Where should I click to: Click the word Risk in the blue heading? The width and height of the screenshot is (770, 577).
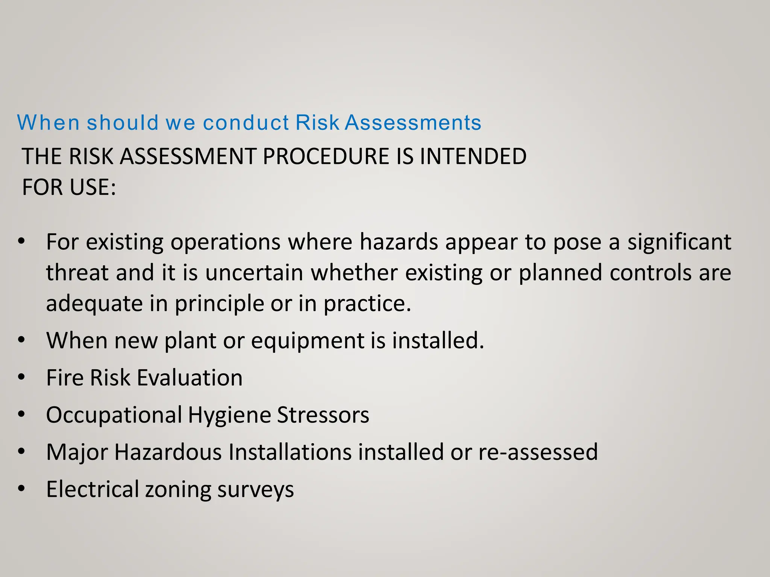point(318,122)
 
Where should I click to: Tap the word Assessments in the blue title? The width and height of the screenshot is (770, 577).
point(413,122)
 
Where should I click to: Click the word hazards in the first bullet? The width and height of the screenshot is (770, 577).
point(399,242)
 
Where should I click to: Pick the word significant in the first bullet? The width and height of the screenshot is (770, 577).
point(679,242)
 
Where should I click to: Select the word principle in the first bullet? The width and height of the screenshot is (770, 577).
point(219,304)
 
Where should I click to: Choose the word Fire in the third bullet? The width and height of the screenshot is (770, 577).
point(65,378)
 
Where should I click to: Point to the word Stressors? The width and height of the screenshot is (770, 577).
point(323,415)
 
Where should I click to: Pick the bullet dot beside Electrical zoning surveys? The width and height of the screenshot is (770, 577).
point(21,489)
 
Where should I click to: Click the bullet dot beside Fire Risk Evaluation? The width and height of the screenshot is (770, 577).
point(21,377)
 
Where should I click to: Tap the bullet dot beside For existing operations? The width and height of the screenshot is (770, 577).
point(21,241)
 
